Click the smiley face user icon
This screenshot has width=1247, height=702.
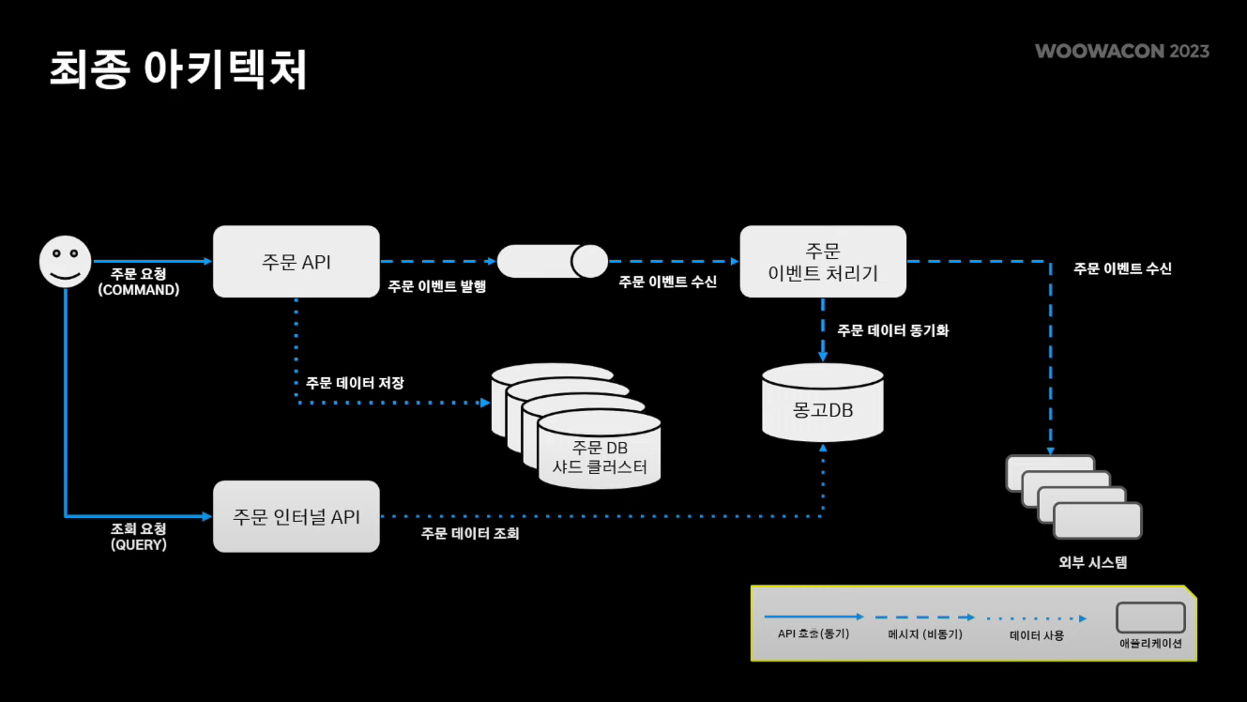coord(65,261)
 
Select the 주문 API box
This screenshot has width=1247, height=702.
coord(297,262)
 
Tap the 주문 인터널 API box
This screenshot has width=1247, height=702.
coord(297,516)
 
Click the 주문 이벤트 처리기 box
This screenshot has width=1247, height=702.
coord(823,262)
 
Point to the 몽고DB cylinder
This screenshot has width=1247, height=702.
coord(823,404)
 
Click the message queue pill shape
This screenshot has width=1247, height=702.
coord(553,261)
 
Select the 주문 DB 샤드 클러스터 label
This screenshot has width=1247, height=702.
coord(600,457)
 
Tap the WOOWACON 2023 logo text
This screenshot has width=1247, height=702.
coord(1122,51)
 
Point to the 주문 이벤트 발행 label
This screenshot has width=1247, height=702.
coord(437,287)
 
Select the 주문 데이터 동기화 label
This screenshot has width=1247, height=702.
coord(893,330)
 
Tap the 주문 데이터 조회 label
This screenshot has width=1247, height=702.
coord(470,534)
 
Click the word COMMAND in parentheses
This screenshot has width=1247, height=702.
coord(138,290)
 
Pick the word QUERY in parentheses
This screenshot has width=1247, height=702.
coord(138,544)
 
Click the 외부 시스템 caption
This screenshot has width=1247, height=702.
coord(1092,563)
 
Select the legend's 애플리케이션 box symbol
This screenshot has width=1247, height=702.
coord(1150,618)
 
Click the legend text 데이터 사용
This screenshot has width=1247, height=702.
coord(1037,634)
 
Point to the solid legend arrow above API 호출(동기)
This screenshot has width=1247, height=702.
coord(814,618)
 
